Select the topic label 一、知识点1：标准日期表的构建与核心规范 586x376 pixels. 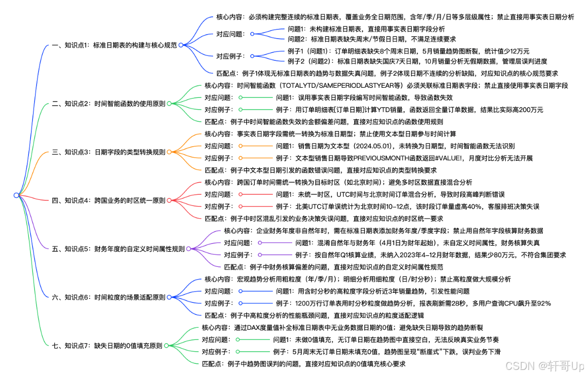[x=114, y=45]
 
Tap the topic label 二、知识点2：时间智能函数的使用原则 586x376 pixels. [x=108, y=104]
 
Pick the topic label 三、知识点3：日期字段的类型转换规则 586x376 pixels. [x=108, y=152]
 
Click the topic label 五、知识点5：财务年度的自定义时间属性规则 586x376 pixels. [x=118, y=249]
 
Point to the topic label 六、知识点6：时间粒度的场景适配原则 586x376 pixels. [x=108, y=297]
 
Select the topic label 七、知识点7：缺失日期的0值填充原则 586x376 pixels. [x=107, y=346]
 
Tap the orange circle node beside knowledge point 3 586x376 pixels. [x=169, y=152]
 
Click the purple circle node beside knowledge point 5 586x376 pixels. [x=189, y=249]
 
